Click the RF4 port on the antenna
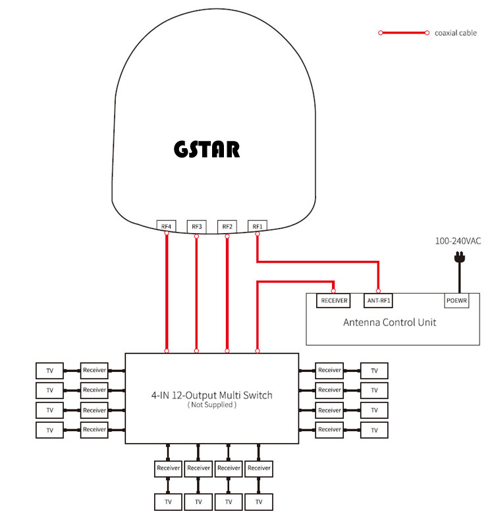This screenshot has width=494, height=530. [x=167, y=226]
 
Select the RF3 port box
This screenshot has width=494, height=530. [x=197, y=226]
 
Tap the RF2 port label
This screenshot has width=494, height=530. [x=227, y=226]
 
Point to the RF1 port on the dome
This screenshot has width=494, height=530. [x=257, y=226]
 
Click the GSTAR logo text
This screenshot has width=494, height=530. [x=207, y=149]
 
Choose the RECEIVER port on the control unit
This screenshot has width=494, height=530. [x=335, y=301]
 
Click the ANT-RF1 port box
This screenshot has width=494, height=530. [x=379, y=301]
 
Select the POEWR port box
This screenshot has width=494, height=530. [x=456, y=301]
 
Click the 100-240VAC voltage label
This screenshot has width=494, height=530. [x=458, y=242]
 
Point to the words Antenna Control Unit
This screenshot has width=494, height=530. [x=389, y=323]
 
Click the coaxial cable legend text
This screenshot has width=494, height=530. [x=455, y=33]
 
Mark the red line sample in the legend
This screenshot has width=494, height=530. [x=403, y=32]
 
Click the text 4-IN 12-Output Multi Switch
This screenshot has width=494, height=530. [x=211, y=395]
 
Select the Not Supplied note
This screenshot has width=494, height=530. [x=211, y=405]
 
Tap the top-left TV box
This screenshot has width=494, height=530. [x=49, y=371]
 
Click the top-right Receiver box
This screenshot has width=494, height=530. [x=329, y=371]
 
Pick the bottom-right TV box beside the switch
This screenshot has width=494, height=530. [x=374, y=430]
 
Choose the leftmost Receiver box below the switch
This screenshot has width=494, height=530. [x=168, y=469]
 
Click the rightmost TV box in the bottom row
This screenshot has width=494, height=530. [x=259, y=502]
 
